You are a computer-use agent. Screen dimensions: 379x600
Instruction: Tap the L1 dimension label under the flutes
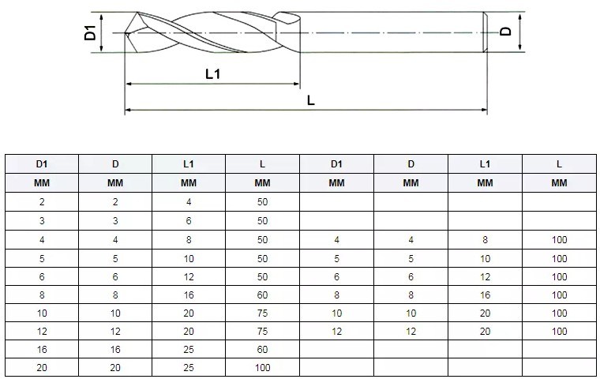pos(212,74)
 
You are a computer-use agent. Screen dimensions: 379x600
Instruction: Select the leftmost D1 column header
pos(41,164)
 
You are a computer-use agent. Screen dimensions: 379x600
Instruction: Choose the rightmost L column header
pos(559,164)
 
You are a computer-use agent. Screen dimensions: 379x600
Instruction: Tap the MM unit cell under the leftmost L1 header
pos(189,183)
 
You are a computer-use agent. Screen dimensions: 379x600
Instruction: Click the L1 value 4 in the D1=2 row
pos(189,202)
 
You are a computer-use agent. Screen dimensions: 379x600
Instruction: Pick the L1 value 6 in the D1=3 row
pos(189,220)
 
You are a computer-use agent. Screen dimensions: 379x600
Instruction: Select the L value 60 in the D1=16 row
pos(263,350)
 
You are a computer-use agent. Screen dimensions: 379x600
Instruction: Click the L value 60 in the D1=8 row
pos(263,295)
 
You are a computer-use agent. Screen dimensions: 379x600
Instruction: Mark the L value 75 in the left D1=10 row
pos(263,313)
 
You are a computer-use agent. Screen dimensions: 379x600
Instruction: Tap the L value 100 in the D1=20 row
pos(263,368)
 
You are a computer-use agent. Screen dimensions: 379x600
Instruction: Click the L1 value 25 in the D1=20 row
pos(189,368)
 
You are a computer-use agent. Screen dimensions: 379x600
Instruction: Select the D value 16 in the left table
pos(115,350)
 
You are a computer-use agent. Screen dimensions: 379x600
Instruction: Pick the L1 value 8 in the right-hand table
pos(485,239)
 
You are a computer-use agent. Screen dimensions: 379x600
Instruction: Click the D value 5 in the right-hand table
pos(411,258)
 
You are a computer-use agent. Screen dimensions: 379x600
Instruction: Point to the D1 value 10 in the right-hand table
pos(337,313)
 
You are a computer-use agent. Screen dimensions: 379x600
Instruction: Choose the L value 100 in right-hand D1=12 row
pos(559,332)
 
